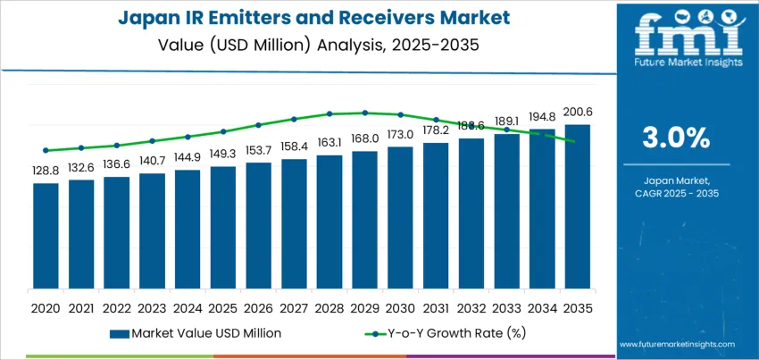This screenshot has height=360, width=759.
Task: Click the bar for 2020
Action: pyautogui.click(x=46, y=236)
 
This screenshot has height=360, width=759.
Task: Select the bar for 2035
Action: pyautogui.click(x=578, y=206)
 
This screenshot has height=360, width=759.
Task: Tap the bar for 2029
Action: pyautogui.click(x=364, y=220)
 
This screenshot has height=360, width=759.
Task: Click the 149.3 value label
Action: pyautogui.click(x=223, y=154)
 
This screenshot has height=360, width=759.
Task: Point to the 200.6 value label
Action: pyautogui.click(x=578, y=112)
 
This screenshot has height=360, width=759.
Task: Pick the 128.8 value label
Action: pyautogui.click(x=46, y=170)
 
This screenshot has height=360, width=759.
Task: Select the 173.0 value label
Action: pyautogui.click(x=400, y=134)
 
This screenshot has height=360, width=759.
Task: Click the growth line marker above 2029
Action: pyautogui.click(x=364, y=113)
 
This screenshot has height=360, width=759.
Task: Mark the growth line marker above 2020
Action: pyautogui.click(x=46, y=150)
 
